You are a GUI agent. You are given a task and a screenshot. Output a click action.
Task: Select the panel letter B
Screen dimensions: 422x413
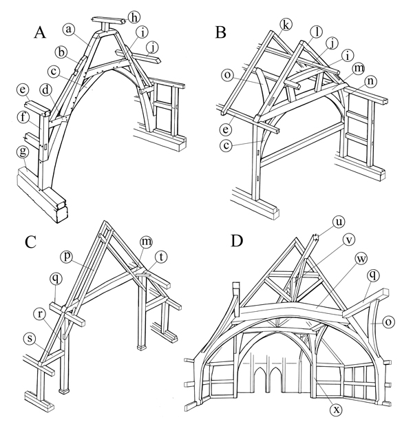[221, 32]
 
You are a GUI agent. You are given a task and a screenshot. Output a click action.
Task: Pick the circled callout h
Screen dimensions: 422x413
[134, 15]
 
